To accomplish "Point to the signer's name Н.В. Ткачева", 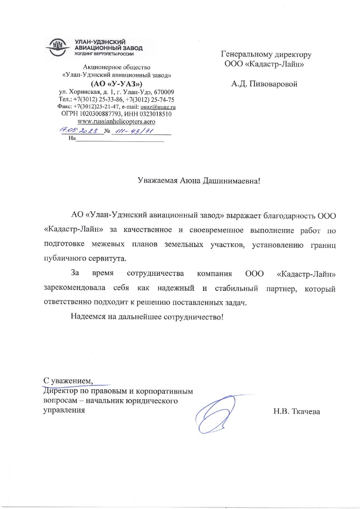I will [296, 412].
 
